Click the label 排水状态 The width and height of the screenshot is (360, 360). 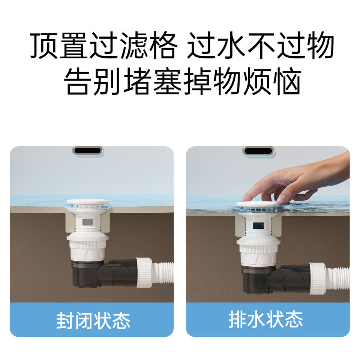pyautogui.click(x=265, y=319)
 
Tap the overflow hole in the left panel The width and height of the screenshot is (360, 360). pyautogui.click(x=88, y=151)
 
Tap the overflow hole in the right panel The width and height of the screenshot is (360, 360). pyautogui.click(x=258, y=151)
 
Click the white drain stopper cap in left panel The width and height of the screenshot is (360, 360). pyautogui.click(x=87, y=202)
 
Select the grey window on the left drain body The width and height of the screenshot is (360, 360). pyautogui.click(x=87, y=222)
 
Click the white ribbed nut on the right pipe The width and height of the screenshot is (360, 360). pyautogui.click(x=318, y=279)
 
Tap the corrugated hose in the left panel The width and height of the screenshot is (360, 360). pyautogui.click(x=163, y=273)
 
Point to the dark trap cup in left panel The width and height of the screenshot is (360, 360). pyautogui.click(x=87, y=274)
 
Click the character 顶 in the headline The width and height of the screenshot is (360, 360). pyautogui.click(x=43, y=45)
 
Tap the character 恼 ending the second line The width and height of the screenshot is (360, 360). pyautogui.click(x=287, y=81)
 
